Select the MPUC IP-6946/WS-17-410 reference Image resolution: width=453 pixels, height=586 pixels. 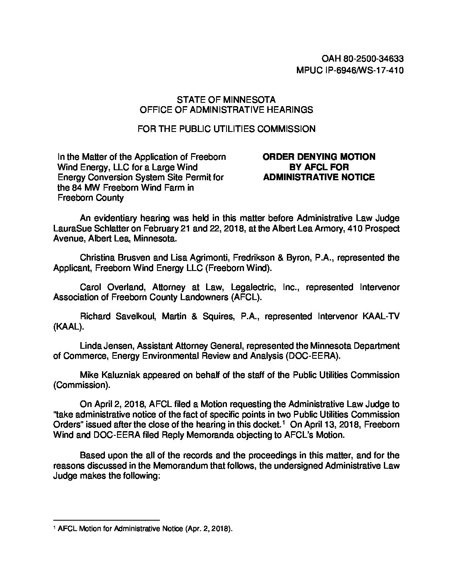pos(350,70)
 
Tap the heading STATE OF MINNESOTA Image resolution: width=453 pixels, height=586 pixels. pos(226,100)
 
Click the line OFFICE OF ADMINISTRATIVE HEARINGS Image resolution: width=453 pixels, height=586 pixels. pos(226,110)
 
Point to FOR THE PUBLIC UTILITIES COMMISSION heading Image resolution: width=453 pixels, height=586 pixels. pos(226,129)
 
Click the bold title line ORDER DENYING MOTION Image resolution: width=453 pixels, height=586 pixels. pos(319,157)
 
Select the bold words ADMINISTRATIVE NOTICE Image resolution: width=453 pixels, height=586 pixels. pos(319,177)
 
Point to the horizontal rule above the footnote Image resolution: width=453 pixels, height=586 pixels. pos(107,520)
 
